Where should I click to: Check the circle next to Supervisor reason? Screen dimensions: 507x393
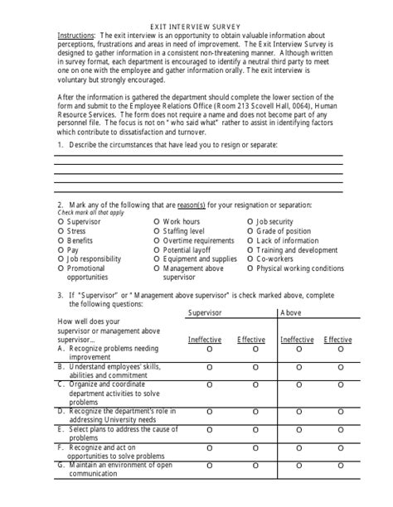click(x=61, y=222)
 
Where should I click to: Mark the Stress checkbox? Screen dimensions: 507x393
click(x=61, y=231)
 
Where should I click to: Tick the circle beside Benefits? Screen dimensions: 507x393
click(x=61, y=240)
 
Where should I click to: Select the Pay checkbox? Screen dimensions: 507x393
click(x=61, y=249)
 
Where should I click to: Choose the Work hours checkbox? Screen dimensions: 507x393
click(x=157, y=222)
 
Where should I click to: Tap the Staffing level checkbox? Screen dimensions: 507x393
click(x=157, y=231)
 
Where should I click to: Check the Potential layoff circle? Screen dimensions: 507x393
click(x=157, y=249)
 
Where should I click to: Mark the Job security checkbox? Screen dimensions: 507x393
click(x=250, y=222)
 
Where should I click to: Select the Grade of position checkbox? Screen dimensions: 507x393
click(x=250, y=231)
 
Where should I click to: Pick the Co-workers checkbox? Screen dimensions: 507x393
click(x=250, y=258)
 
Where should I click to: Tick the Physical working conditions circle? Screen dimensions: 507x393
click(x=250, y=268)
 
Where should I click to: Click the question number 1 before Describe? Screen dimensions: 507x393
click(x=60, y=145)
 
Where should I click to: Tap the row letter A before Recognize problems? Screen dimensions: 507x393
click(x=61, y=349)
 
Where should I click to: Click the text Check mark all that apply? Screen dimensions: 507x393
click(x=87, y=213)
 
